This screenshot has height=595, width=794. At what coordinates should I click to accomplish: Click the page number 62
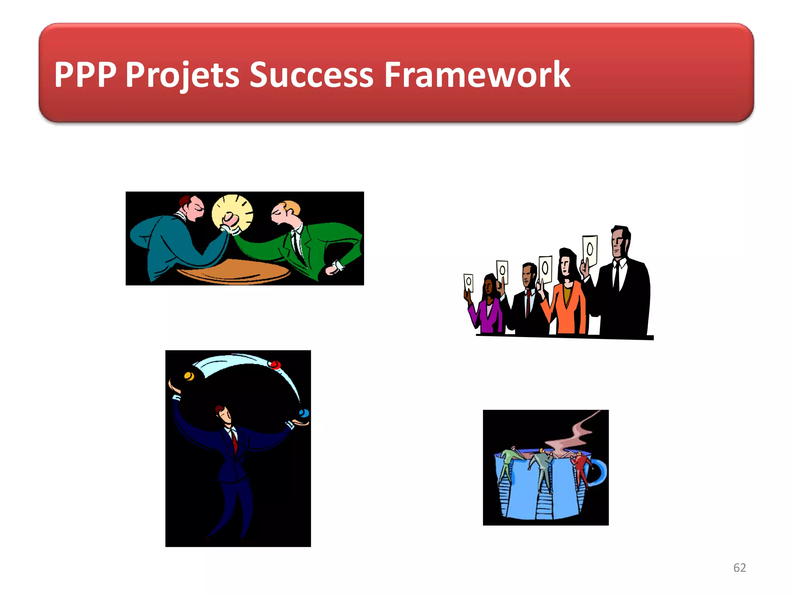click(739, 567)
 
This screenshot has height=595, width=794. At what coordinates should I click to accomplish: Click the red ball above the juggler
click(275, 365)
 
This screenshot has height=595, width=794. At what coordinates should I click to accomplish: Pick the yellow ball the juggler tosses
click(189, 376)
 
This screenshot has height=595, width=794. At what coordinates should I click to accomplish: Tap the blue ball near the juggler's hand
click(305, 413)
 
